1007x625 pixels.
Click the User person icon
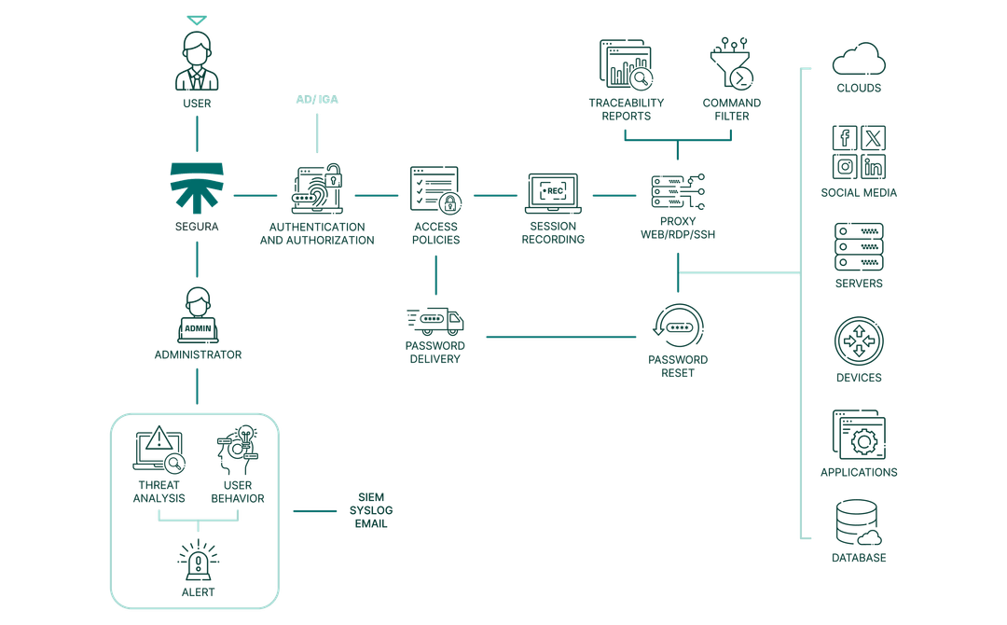(196, 58)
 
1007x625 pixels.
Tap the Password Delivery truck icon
(435, 324)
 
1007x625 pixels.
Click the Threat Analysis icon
(159, 451)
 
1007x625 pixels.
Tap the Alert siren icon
(196, 558)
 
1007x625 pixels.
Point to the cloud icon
(858, 60)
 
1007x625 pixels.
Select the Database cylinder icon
(858, 523)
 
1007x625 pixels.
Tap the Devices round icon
(858, 340)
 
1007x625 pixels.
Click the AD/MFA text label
(316, 100)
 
